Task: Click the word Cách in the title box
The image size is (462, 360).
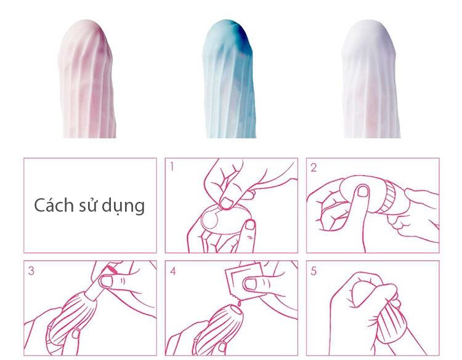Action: pyautogui.click(x=53, y=205)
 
